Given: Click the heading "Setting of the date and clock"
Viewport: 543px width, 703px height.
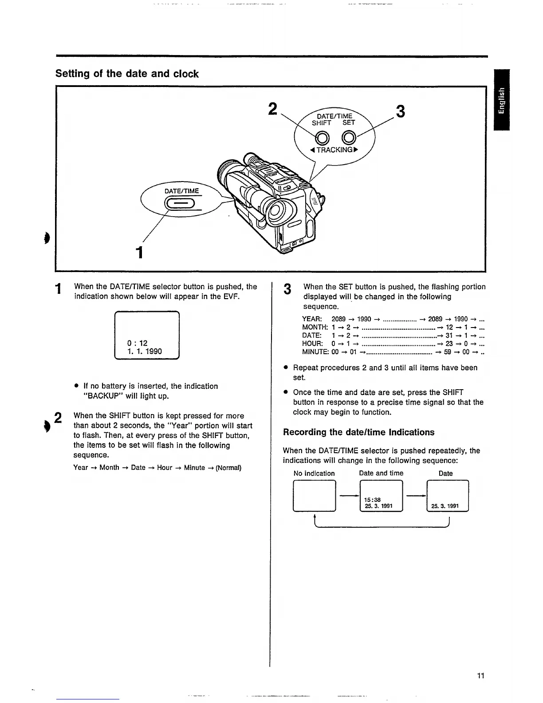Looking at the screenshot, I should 127,74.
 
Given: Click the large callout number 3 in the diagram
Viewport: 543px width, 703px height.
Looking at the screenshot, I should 400,111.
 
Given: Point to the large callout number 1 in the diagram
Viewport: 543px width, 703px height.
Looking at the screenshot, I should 139,252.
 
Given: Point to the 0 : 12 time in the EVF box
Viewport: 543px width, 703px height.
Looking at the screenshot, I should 137,343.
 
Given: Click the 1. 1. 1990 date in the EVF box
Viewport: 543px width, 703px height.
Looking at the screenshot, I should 145,351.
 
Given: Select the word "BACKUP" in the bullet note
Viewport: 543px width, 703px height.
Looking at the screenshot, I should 102,396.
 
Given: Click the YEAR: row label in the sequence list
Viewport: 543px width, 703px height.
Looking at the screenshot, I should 312,319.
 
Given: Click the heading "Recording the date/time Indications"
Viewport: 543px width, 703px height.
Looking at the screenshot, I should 359,432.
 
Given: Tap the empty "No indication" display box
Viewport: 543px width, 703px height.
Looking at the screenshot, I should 314,496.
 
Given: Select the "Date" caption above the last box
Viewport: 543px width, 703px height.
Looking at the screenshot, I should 445,474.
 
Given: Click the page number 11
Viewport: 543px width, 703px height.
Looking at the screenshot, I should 480,675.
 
